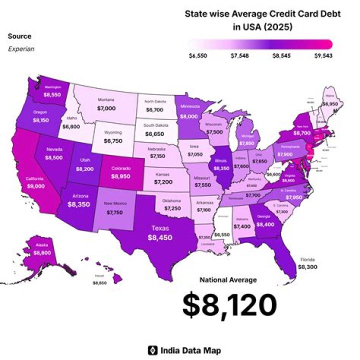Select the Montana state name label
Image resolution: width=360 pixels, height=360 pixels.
click(105, 99)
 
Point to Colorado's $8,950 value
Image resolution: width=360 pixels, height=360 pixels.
click(121, 176)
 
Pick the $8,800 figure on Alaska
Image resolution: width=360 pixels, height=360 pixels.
click(42, 253)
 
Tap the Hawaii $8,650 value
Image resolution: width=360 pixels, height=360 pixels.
click(99, 283)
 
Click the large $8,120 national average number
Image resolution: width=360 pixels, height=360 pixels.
click(229, 305)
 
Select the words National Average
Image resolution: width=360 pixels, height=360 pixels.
click(228, 280)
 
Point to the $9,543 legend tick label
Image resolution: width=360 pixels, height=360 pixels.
click(323, 56)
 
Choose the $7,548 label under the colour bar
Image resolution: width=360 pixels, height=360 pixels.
click(240, 56)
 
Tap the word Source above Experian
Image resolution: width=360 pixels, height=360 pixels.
click(19, 36)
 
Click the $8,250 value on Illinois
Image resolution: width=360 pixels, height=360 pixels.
click(221, 169)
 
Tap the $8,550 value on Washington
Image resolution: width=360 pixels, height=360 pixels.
click(52, 94)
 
